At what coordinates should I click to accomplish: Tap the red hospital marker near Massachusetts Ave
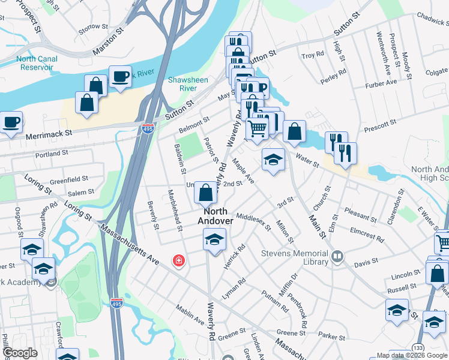pyautogui.click(x=178, y=260)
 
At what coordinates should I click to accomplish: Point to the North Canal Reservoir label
pyautogui.click(x=37, y=63)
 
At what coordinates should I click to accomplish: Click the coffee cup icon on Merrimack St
pyautogui.click(x=11, y=122)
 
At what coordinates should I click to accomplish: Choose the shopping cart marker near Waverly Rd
pyautogui.click(x=258, y=128)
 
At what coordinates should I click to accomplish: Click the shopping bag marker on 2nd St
pyautogui.click(x=205, y=193)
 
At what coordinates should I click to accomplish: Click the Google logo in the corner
pyautogui.click(x=20, y=353)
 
